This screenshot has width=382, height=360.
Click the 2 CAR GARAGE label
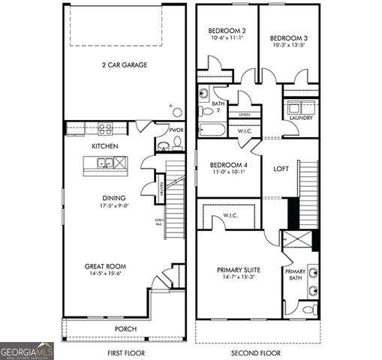pos(125,65)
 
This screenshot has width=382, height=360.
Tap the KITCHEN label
pos(104,145)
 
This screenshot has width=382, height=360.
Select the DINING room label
pos(115,198)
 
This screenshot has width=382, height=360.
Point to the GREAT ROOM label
pos(104,266)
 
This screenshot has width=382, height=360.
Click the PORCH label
pos(125,328)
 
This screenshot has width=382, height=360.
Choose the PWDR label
pos(176,130)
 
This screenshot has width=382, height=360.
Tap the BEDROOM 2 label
pos(227,31)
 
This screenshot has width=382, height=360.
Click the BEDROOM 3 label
pos(288,37)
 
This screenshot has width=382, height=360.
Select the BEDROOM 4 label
pos(228,165)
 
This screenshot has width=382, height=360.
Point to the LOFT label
pos(281,169)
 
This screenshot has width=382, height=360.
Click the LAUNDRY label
pos(301,118)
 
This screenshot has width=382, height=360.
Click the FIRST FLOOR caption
pos(125,352)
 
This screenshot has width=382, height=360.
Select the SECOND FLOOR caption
pos(257,352)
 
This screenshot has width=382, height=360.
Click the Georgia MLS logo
pos(27,351)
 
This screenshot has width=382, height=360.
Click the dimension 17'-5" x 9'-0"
pos(115,205)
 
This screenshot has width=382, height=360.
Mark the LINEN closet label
pos(244,115)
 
